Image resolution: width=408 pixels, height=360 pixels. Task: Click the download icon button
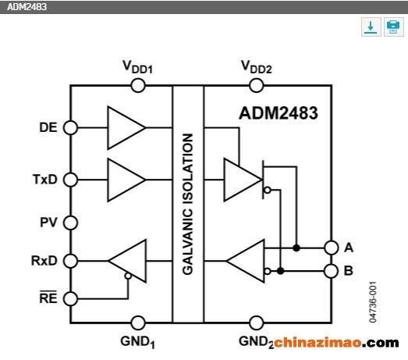[371, 27]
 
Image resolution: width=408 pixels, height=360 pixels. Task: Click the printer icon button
[394, 27]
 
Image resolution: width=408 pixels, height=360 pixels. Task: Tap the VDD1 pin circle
[138, 85]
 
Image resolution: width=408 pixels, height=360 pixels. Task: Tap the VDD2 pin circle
[257, 85]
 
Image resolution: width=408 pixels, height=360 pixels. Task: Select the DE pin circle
[70, 127]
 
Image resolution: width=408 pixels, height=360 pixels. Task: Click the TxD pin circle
[70, 180]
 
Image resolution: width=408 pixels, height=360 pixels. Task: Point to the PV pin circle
[70, 223]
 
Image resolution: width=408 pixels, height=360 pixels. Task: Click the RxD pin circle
[70, 261]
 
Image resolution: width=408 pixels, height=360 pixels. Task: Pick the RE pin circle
[70, 298]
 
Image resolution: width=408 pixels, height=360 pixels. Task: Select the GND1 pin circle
[138, 323]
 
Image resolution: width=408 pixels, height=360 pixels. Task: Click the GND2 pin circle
[257, 323]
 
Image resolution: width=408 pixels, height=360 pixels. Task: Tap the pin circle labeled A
[332, 248]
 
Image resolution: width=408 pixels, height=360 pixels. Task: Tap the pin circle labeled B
[332, 271]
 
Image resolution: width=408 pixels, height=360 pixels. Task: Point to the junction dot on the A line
[296, 248]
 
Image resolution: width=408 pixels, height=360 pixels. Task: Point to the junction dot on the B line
[281, 271]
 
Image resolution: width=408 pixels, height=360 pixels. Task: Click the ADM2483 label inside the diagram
[279, 113]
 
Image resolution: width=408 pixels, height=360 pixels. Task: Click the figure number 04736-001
[373, 302]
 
